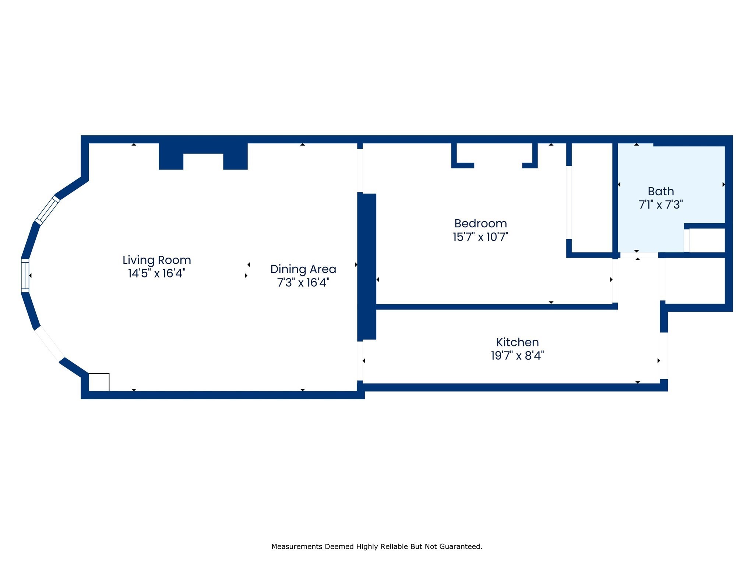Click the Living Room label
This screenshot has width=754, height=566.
[156, 260]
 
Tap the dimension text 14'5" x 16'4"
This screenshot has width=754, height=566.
[156, 273]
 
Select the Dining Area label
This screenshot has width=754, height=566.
[303, 269]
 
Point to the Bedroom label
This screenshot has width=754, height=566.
[480, 224]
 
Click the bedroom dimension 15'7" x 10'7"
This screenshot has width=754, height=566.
[480, 237]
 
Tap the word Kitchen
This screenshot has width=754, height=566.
[517, 342]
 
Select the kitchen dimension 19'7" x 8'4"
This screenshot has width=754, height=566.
[517, 356]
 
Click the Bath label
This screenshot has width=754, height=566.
[660, 192]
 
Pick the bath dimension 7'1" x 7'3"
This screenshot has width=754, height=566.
[660, 205]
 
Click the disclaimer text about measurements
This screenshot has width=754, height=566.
[377, 546]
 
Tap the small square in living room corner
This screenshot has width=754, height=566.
[99, 382]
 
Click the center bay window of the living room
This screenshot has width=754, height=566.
[25, 276]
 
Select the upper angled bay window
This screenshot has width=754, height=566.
[47, 210]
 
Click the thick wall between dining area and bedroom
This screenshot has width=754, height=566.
[367, 266]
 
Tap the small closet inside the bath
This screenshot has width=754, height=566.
[706, 240]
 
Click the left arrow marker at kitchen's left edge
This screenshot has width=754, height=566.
[364, 361]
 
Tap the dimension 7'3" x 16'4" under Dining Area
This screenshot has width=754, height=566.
[303, 283]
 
